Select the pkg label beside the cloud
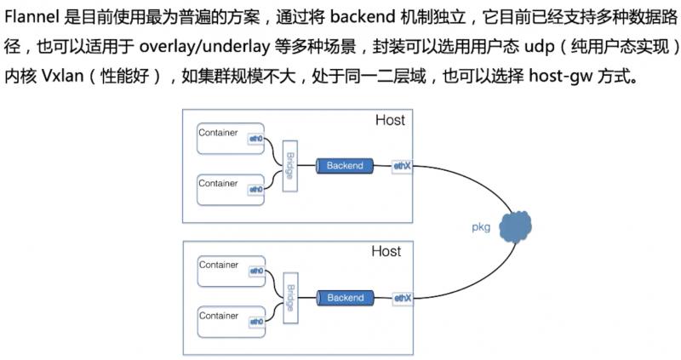click(x=481, y=228)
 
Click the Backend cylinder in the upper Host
click(x=345, y=166)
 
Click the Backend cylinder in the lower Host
click(x=345, y=298)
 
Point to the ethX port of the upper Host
click(x=402, y=166)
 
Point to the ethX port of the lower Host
click(x=402, y=298)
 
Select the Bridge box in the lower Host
click(x=289, y=299)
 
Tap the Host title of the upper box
click(x=390, y=121)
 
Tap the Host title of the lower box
click(x=386, y=253)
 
